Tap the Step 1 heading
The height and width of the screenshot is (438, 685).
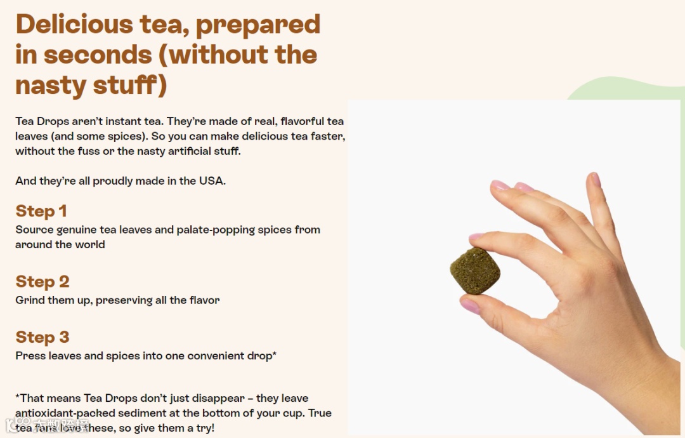[x=41, y=211]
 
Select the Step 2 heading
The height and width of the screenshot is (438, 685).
[x=42, y=281]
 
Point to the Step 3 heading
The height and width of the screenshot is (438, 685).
[x=42, y=337]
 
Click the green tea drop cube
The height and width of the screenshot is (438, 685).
[x=475, y=270]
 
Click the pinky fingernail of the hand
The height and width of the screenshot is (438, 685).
[x=595, y=179]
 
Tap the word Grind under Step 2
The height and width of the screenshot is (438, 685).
[x=30, y=300]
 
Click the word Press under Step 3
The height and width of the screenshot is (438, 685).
[x=30, y=356]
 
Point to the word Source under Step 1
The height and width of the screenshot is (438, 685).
[x=34, y=230]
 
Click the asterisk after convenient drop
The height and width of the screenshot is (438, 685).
[x=275, y=354]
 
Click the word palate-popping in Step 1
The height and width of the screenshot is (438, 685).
[x=216, y=230]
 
